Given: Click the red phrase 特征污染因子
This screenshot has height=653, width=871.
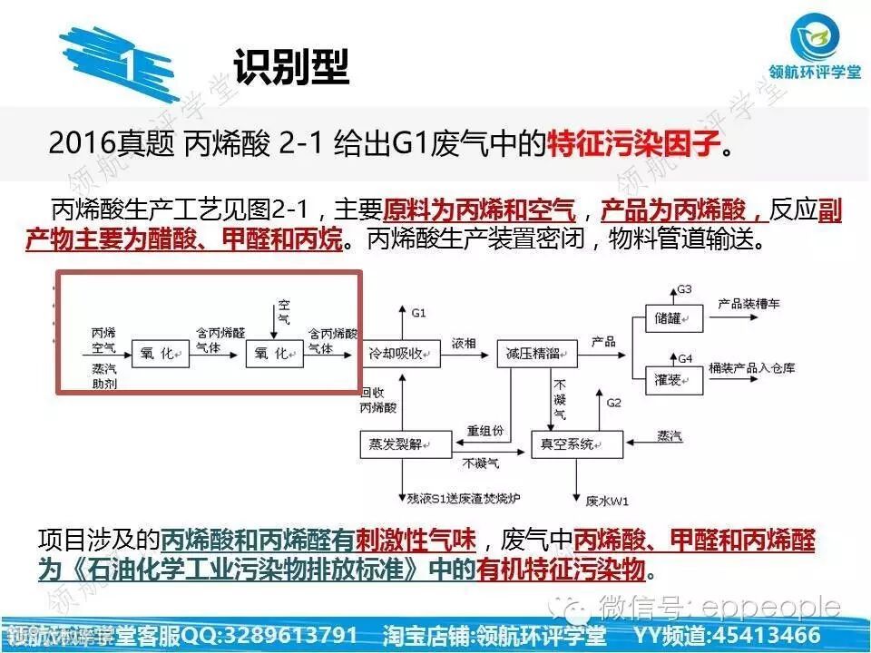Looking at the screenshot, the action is pos(633,143).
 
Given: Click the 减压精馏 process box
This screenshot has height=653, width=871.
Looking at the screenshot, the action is pos(532,352).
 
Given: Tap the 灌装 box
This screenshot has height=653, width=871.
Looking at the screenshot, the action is pos(671,376).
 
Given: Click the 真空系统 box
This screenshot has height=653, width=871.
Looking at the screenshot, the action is pos(576,444).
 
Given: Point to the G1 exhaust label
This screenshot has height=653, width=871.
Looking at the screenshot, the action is pos(418,313).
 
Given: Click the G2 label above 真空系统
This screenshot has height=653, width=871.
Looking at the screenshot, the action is pos(614,402).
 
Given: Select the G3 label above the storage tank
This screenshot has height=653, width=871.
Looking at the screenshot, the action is pos(685,289).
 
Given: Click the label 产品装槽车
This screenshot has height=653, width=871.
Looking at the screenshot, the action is pos(749,304).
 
